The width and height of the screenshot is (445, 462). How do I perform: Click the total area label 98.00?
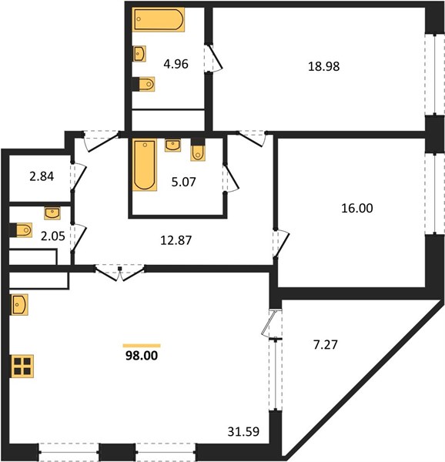pyautogui.click(x=142, y=356)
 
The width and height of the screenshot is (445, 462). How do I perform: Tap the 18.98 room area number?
pyautogui.click(x=323, y=66)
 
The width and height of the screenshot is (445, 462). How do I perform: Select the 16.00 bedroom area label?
pyautogui.click(x=357, y=209)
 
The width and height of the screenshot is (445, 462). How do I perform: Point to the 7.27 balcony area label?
pyautogui.click(x=325, y=344)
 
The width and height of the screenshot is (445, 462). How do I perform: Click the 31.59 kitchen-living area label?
pyautogui.click(x=243, y=432)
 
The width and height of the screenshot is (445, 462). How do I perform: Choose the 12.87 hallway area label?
pyautogui.click(x=176, y=240)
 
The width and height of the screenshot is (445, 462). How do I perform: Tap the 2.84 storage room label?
pyautogui.click(x=42, y=176)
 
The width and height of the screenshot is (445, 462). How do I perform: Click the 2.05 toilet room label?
pyautogui.click(x=52, y=236)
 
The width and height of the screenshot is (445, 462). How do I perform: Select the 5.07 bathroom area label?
pyautogui.click(x=183, y=182)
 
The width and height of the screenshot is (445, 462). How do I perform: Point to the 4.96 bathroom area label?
pyautogui.click(x=176, y=64)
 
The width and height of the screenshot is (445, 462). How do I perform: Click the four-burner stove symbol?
pyautogui.click(x=22, y=367)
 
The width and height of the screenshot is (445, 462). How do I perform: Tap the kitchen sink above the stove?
pyautogui.click(x=19, y=305)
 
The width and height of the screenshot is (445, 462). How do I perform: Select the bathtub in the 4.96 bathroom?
pyautogui.click(x=159, y=19)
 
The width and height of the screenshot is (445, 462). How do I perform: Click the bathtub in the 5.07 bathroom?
pyautogui.click(x=144, y=165)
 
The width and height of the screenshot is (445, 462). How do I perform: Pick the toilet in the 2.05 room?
pyautogui.click(x=21, y=229)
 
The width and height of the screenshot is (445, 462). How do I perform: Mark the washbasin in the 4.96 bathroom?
pyautogui.click(x=139, y=54)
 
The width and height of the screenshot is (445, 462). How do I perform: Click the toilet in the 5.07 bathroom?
pyautogui.click(x=198, y=149)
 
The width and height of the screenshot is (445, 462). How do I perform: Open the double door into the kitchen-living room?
pyautogui.click(x=120, y=273)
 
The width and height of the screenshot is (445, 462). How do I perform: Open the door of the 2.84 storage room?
pyautogui.click(x=78, y=176)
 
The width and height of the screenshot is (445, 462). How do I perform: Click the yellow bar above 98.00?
pyautogui.click(x=142, y=346)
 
